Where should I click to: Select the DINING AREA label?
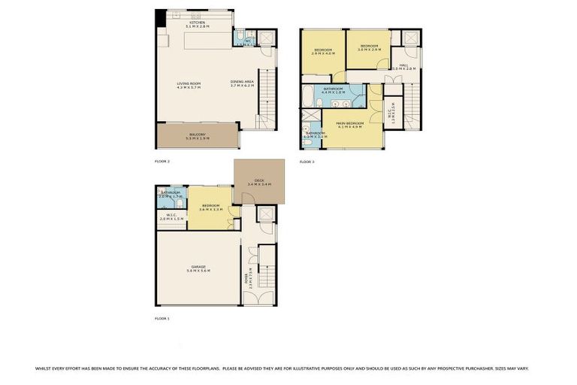[x=242, y=83]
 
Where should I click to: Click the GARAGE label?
[x=198, y=268]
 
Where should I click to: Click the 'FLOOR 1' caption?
[x=162, y=319]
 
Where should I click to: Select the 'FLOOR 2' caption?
[x=162, y=162]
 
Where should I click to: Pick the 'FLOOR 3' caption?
[x=307, y=162]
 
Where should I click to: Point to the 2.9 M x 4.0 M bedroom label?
[x=322, y=52]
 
